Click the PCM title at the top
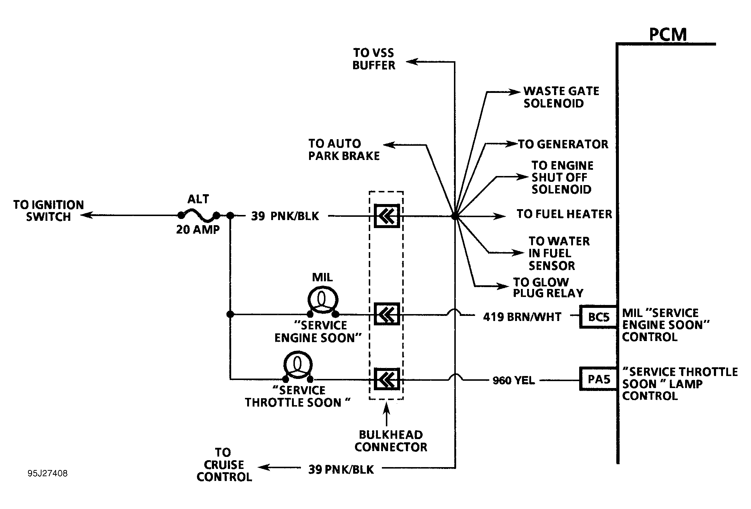tap(668, 34)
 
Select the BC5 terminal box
tap(599, 317)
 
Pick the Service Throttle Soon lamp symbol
tap(298, 366)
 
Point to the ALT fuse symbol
tap(198, 216)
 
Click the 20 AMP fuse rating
tap(198, 230)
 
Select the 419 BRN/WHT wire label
tap(522, 317)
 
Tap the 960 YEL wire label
tap(514, 381)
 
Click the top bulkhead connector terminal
tap(387, 216)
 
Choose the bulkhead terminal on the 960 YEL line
tap(387, 379)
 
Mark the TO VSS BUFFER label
tap(374, 59)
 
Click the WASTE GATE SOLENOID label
tap(561, 97)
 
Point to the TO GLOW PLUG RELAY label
tap(548, 287)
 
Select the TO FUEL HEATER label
tap(565, 214)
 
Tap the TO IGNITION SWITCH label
tap(48, 211)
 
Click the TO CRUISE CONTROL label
tap(224, 465)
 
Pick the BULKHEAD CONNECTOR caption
tap(391, 441)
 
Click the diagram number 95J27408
tap(47, 474)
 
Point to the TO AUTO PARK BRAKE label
tap(344, 150)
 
